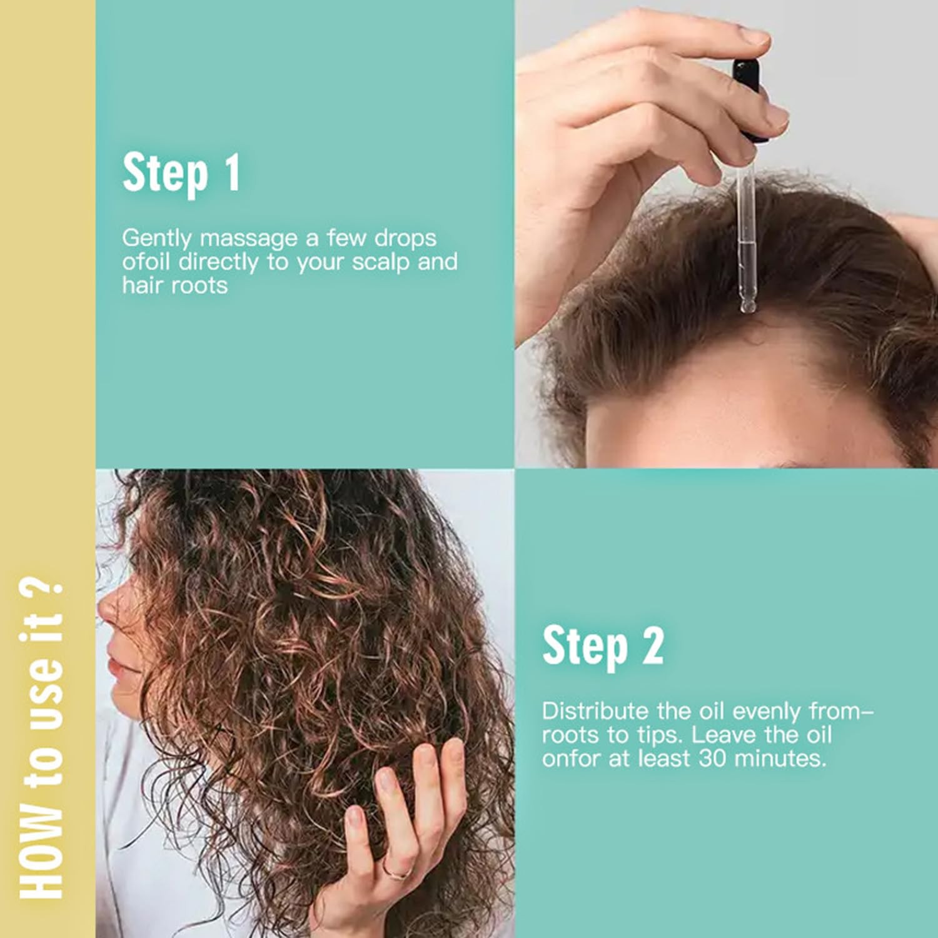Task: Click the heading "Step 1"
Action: click(181, 173)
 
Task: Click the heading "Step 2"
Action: click(603, 647)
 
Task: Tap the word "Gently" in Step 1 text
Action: click(156, 239)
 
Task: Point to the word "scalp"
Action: click(381, 262)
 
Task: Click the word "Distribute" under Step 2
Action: click(594, 711)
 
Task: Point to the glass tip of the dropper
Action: click(747, 305)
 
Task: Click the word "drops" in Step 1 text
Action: click(405, 239)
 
